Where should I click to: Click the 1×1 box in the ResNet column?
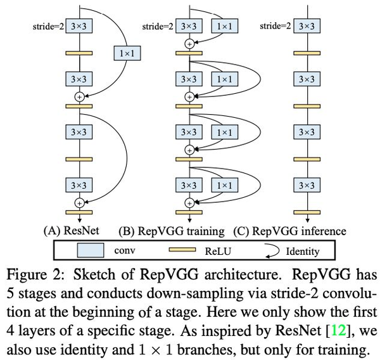coord(127,54)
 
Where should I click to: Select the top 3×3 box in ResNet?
coord(79,27)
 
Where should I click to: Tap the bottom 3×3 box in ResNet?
coord(79,185)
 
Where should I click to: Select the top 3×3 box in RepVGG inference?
coord(306,27)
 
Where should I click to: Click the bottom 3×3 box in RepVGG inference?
coord(306,185)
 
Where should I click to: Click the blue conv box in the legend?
coord(91,251)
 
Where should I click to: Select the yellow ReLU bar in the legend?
coord(184,251)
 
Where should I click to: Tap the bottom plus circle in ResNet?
coord(80,203)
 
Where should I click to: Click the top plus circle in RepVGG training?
coord(188,44)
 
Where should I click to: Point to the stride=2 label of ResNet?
coord(48,27)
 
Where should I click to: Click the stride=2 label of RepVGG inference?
coord(276,27)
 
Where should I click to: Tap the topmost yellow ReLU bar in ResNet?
coord(79,53)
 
